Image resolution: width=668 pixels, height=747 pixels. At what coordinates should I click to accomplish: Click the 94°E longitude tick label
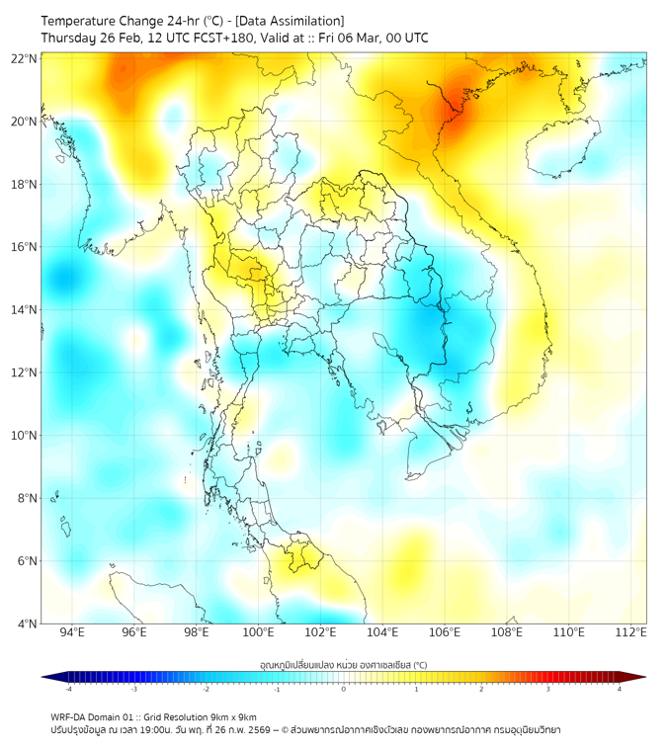click(x=72, y=632)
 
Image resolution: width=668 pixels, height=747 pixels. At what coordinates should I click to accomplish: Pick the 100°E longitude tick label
click(x=258, y=632)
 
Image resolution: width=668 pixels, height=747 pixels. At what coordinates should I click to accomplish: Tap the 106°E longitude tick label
click(x=445, y=632)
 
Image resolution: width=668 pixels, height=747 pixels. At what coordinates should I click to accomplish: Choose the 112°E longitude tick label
click(x=630, y=632)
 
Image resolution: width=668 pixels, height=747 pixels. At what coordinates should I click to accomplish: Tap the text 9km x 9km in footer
click(x=230, y=716)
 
